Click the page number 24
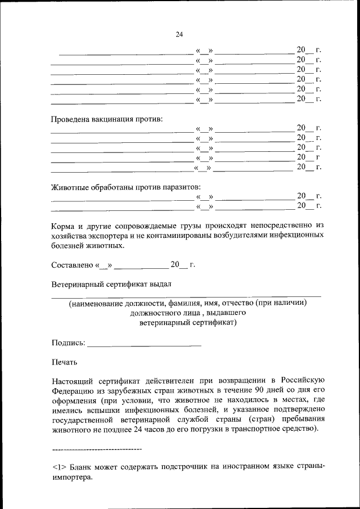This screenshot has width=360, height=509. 179,35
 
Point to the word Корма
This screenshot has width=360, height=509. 63,225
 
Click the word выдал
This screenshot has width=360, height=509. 159,284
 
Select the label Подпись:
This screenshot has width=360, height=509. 68,342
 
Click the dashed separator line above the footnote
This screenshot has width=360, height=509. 96,449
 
